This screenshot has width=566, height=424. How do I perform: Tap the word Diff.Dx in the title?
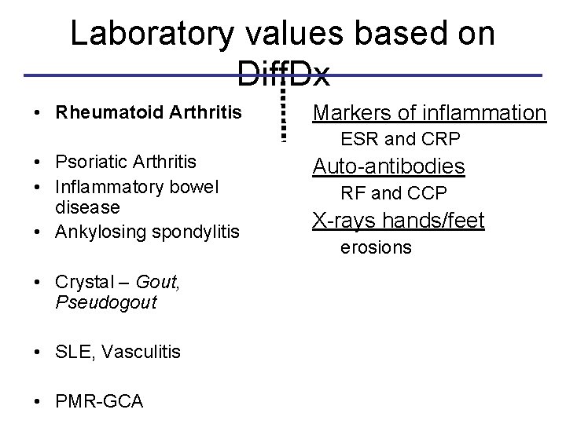pyautogui.click(x=283, y=76)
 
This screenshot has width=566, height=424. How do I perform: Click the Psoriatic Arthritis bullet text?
pyautogui.click(x=126, y=162)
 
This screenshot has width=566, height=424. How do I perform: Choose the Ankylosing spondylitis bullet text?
pyautogui.click(x=147, y=232)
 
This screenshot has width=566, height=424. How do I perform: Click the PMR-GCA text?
pyautogui.click(x=99, y=402)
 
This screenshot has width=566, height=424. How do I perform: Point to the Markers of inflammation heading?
pyautogui.click(x=429, y=114)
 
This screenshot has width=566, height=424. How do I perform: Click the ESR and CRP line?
pyautogui.click(x=400, y=141)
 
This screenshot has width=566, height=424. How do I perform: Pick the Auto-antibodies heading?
pyautogui.click(x=389, y=166)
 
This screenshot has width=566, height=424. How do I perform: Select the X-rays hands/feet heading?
pyautogui.click(x=399, y=221)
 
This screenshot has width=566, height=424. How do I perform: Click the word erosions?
pyautogui.click(x=375, y=248)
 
